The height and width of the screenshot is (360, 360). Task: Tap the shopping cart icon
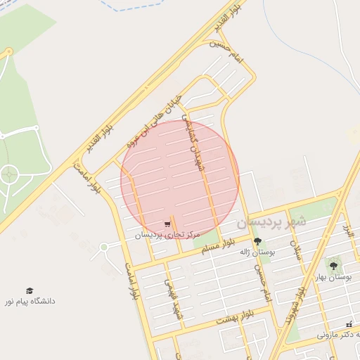(x=167, y=225)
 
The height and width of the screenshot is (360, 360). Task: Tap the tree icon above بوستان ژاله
(x=257, y=241)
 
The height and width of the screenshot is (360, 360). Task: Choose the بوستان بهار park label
(x=334, y=276)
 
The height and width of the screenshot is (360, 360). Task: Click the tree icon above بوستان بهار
(x=333, y=266)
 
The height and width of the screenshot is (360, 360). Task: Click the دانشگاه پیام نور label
(x=30, y=301)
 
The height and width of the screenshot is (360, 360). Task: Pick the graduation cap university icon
(x=30, y=290)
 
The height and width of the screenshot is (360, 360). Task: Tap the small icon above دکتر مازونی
(x=349, y=324)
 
